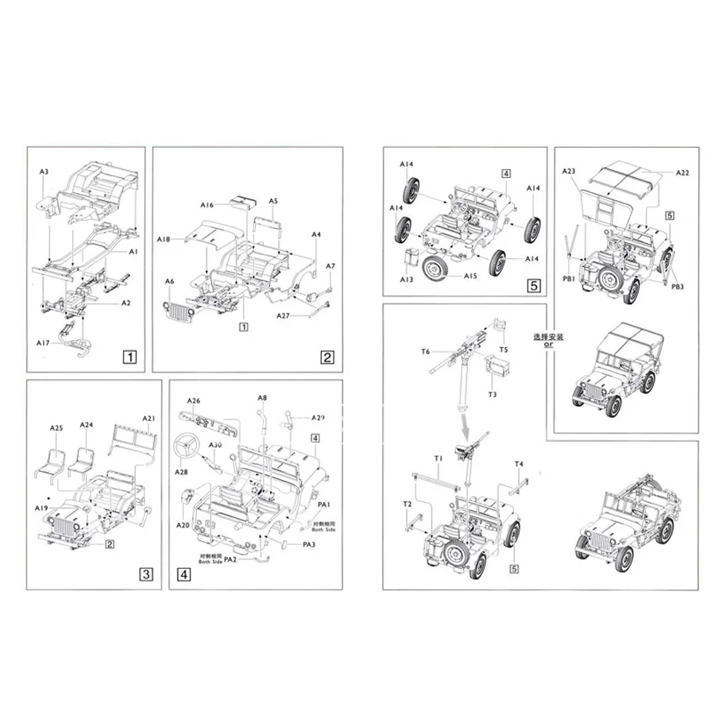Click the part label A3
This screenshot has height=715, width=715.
44,172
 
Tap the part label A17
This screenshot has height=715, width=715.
43,342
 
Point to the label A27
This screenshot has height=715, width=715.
283,316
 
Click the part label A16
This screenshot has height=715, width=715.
207,205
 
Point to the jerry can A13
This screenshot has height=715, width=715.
412,260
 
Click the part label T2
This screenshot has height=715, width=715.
407,504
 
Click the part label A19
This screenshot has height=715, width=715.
42,507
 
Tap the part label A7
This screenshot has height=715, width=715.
330,265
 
